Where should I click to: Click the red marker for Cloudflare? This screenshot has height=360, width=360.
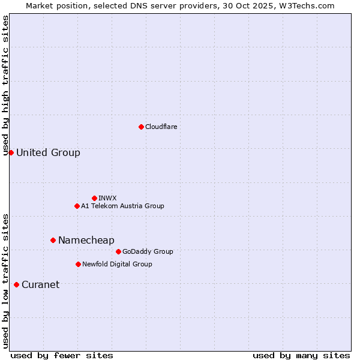[141, 127]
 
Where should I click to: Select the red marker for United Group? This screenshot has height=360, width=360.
[11, 152]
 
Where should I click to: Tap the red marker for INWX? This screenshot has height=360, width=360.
[94, 198]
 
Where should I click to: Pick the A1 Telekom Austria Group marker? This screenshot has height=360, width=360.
[77, 206]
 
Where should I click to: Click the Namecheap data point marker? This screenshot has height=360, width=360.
[53, 240]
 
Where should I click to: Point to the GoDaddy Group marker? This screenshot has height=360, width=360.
[118, 251]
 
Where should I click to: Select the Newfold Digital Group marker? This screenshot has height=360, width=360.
[78, 264]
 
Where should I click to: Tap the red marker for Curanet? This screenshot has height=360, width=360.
[16, 284]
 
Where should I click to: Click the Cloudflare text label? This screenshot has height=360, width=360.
[161, 127]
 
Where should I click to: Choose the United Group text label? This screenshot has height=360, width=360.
[48, 152]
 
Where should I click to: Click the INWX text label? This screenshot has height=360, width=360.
[107, 198]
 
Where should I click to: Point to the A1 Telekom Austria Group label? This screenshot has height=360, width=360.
[122, 206]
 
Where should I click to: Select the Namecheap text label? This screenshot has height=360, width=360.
[86, 240]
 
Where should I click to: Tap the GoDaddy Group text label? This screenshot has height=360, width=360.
[148, 251]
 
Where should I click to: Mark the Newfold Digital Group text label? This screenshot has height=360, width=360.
[117, 264]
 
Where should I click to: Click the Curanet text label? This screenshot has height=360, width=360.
[40, 284]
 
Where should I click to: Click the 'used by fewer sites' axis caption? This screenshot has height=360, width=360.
[62, 355]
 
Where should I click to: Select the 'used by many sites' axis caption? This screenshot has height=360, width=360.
[301, 355]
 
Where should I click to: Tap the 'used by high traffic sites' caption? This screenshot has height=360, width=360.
[6, 85]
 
